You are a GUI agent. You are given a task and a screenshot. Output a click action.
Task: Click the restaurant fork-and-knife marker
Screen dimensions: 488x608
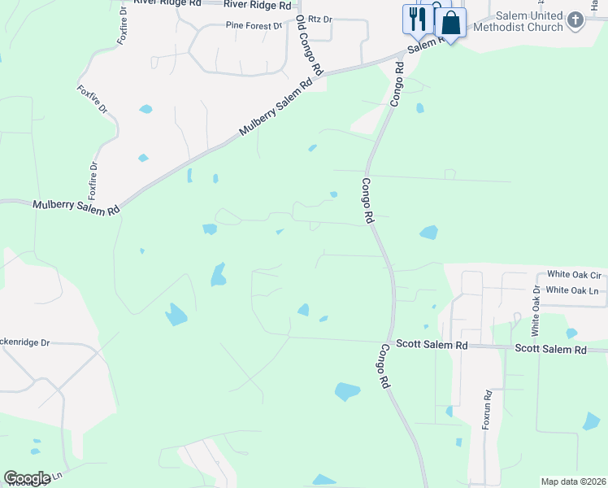[x=419, y=20]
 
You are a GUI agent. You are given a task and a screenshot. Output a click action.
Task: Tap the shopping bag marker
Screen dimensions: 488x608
[x=450, y=23]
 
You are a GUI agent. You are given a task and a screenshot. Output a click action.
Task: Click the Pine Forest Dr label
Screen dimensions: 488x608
[x=254, y=26]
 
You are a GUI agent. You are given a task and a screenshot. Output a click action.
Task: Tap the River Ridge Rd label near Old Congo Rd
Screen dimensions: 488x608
[x=258, y=5]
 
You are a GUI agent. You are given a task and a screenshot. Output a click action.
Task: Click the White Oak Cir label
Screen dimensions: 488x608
[x=573, y=275]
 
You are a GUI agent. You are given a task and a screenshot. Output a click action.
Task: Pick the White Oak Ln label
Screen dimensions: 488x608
[x=572, y=290]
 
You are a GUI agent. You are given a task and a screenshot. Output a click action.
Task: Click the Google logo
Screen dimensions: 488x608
[x=26, y=478]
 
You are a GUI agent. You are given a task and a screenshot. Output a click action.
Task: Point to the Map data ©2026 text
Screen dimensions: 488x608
[x=573, y=481]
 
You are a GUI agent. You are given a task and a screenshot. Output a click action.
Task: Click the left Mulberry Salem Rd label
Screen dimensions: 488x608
[x=76, y=207]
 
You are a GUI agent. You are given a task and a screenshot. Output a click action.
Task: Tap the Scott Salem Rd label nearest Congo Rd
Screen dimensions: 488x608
[x=428, y=346]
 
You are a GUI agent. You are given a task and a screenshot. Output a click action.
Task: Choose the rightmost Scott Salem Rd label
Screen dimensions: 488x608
[x=550, y=349]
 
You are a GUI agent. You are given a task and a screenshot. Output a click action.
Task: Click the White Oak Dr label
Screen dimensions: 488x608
[x=536, y=311]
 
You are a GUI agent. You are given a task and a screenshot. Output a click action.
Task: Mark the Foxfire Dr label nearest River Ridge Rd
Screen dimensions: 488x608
[x=124, y=26]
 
